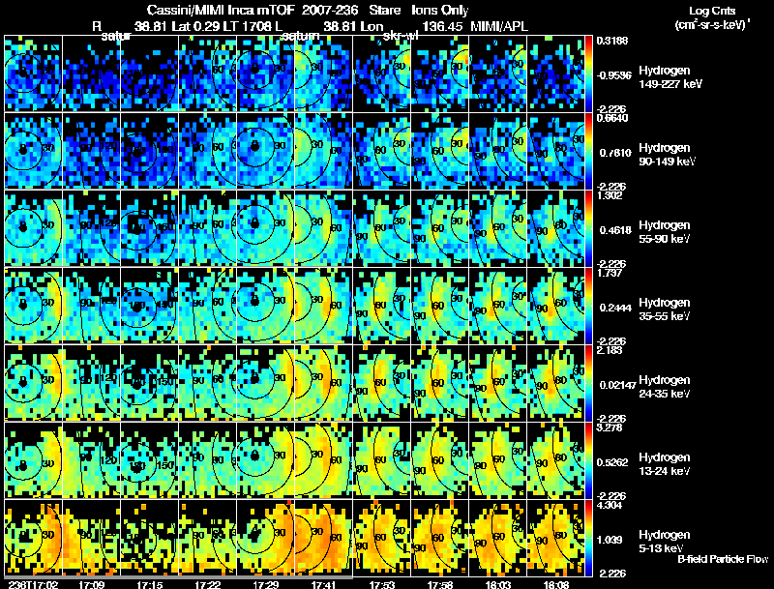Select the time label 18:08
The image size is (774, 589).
tap(556, 584)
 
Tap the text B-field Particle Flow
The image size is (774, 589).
tap(724, 559)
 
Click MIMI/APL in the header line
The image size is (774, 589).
tap(502, 27)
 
